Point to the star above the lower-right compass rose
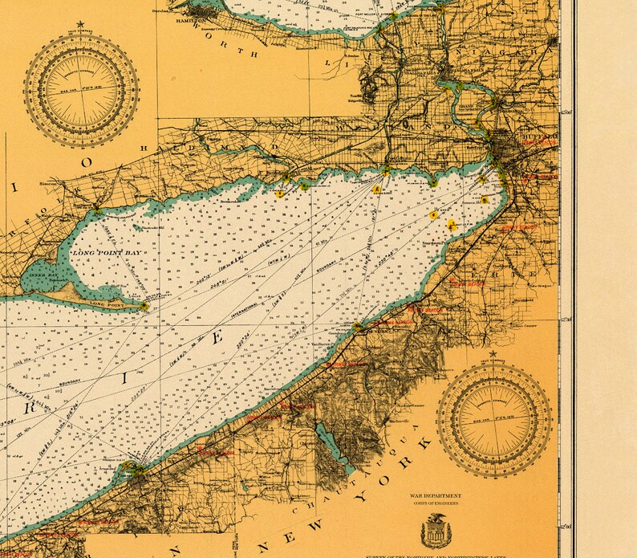[495, 353]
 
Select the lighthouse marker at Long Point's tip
[144, 305]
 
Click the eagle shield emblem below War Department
[438, 530]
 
